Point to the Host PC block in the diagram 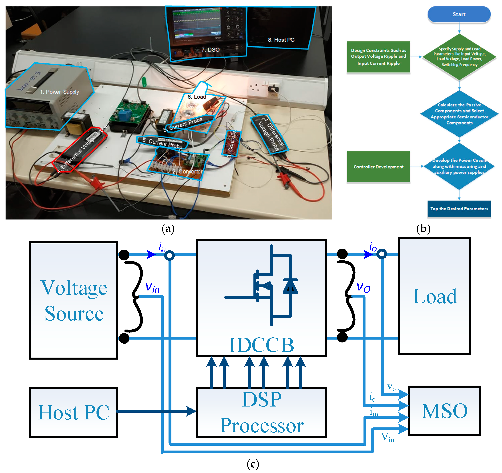click(73, 412)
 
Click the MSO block click(444, 411)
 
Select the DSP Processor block click(261, 412)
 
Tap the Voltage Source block click(73, 300)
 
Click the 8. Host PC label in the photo click(281, 40)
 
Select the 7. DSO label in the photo click(210, 50)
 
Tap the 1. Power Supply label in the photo click(59, 92)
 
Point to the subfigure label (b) click(423, 229)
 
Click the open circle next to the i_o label click(381, 254)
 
